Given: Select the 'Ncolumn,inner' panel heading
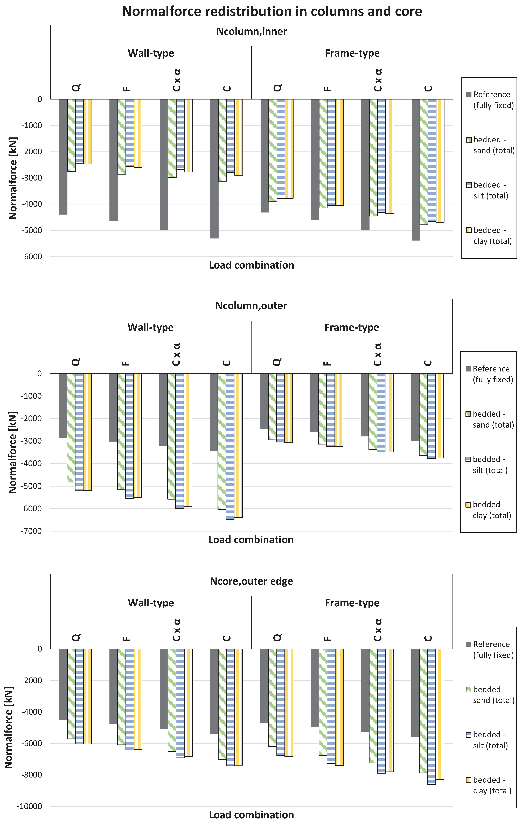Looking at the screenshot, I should click(x=252, y=31).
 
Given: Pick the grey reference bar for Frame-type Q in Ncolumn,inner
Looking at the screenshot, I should click(x=265, y=156).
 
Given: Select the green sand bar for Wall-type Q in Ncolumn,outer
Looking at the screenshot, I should click(x=71, y=428).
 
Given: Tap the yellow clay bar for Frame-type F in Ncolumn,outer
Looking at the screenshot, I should click(x=339, y=410).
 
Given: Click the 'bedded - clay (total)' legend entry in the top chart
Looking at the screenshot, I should click(x=492, y=236).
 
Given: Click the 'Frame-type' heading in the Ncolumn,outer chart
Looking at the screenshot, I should click(x=352, y=328).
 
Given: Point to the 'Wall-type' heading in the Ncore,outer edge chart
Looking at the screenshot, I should click(x=151, y=603).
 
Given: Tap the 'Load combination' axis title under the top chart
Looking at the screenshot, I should click(x=252, y=265).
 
